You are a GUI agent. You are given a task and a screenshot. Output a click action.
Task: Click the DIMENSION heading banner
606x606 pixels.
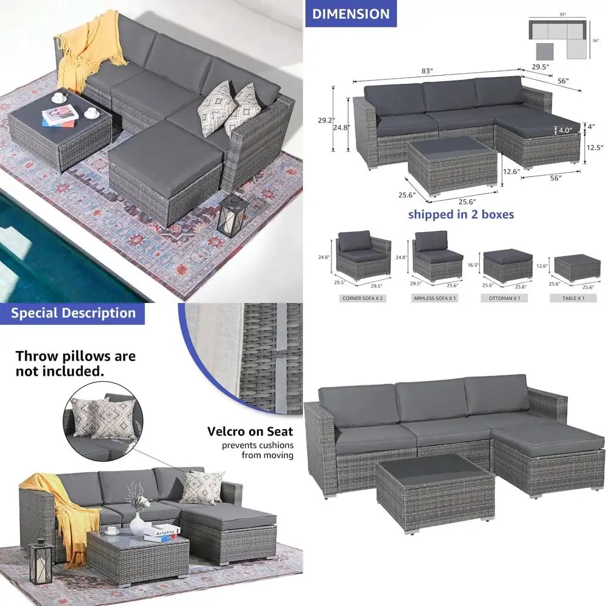(351, 13)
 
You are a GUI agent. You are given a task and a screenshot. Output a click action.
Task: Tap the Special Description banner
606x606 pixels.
(73, 313)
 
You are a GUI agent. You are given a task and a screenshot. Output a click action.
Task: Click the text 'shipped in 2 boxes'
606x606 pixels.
(461, 214)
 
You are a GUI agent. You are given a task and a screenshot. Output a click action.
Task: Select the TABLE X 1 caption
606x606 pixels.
(574, 299)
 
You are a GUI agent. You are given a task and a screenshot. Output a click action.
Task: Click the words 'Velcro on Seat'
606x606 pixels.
(250, 431)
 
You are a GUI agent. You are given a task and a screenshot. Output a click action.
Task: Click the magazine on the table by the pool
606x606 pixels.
(60, 115)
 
